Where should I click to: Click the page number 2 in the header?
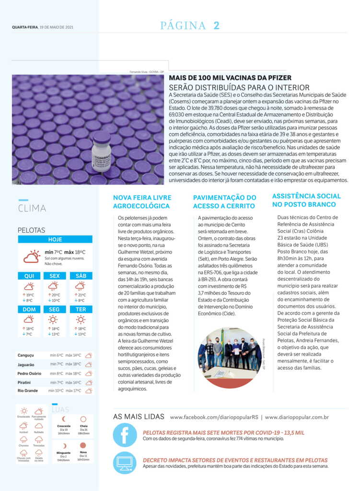(216, 25)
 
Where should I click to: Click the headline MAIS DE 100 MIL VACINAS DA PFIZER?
(230, 78)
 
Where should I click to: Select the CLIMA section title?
(32, 208)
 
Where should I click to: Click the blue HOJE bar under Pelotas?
(56, 239)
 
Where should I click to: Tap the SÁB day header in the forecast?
(81, 276)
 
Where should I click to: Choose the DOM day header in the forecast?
(29, 309)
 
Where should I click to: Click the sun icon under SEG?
(54, 320)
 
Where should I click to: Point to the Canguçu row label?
(26, 355)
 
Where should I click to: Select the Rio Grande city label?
(27, 391)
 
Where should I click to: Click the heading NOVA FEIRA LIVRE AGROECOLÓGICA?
(142, 202)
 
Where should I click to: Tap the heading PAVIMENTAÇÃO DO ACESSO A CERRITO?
(224, 202)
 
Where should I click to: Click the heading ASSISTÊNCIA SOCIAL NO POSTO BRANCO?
(306, 200)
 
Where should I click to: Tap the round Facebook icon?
(125, 435)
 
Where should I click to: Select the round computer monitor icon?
(125, 463)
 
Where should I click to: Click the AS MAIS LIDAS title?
(139, 417)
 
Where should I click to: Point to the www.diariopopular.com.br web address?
(297, 417)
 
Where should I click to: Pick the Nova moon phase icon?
(83, 446)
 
